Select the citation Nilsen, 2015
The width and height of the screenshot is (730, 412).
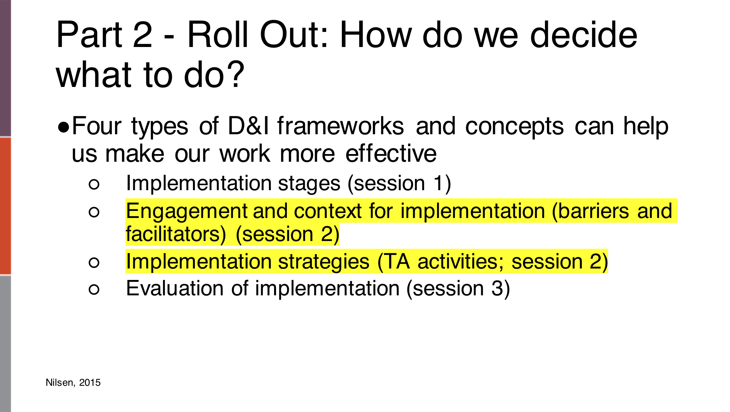[73, 382]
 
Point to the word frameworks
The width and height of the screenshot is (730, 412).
[341, 126]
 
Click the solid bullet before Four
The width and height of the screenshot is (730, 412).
[63, 128]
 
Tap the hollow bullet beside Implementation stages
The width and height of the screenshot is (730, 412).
[94, 184]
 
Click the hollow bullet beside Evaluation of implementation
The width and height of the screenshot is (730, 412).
[94, 289]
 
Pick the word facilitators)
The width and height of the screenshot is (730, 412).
[176, 234]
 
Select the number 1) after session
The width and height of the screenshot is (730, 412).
[442, 183]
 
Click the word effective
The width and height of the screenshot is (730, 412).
[391, 154]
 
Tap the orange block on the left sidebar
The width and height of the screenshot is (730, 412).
[5, 206]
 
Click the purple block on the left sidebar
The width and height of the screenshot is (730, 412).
[5, 68]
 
